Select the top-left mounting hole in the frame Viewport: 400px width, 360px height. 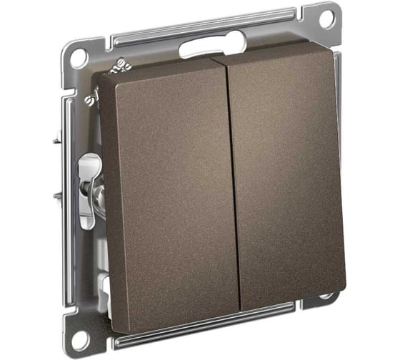tap(78, 58)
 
